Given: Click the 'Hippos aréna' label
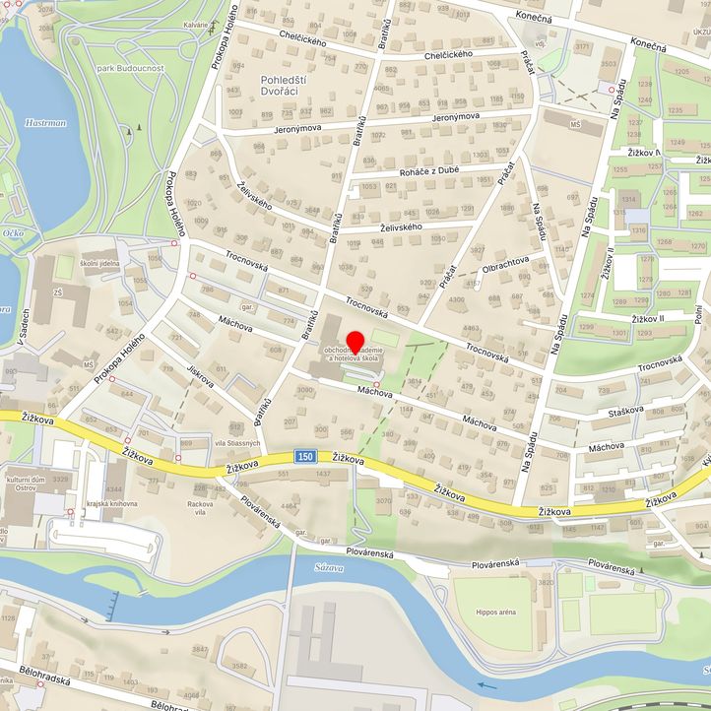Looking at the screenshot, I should coord(494,612).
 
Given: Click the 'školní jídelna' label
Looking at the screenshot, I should coord(99,263).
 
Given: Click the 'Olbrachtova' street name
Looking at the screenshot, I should coord(506,261).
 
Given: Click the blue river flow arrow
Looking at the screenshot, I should coord(486,685).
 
